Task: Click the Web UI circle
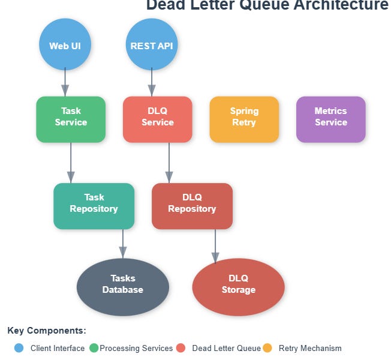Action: pyautogui.click(x=65, y=46)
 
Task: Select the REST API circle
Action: pyautogui.click(x=152, y=46)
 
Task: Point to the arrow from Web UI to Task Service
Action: pyautogui.click(x=65, y=82)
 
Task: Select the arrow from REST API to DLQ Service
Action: pyautogui.click(x=152, y=82)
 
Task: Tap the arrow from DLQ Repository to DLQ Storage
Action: pyautogui.click(x=215, y=247)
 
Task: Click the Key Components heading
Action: pyautogui.click(x=47, y=331)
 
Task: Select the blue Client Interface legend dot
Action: pyautogui.click(x=19, y=348)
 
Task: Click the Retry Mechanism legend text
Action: pyautogui.click(x=310, y=348)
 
